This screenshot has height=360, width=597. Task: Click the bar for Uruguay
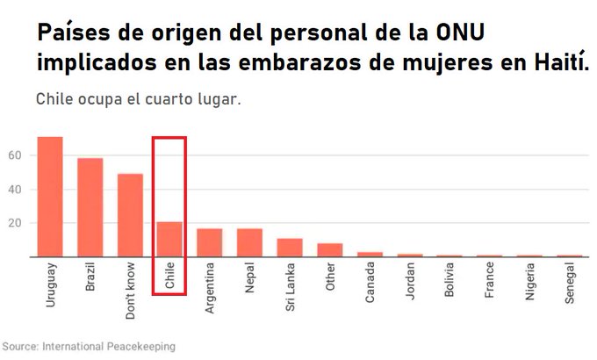tap(49, 197)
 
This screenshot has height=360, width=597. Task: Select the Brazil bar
tap(90, 207)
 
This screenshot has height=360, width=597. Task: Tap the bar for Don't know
tap(130, 215)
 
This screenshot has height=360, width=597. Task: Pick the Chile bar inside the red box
tap(169, 239)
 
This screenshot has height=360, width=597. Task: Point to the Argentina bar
tap(210, 242)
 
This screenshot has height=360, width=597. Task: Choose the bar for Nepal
tap(250, 242)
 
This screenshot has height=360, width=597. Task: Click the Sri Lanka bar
tap(290, 248)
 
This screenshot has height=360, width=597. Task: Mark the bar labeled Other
tap(330, 250)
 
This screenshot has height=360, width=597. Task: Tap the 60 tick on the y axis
tap(15, 155)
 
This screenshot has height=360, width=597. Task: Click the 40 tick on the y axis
tap(15, 189)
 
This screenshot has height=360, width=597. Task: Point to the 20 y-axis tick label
tap(15, 223)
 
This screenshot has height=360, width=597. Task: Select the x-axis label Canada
tap(370, 283)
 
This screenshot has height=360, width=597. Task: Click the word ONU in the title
tap(460, 34)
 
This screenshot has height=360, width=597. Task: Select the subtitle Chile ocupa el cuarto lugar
tap(138, 98)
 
